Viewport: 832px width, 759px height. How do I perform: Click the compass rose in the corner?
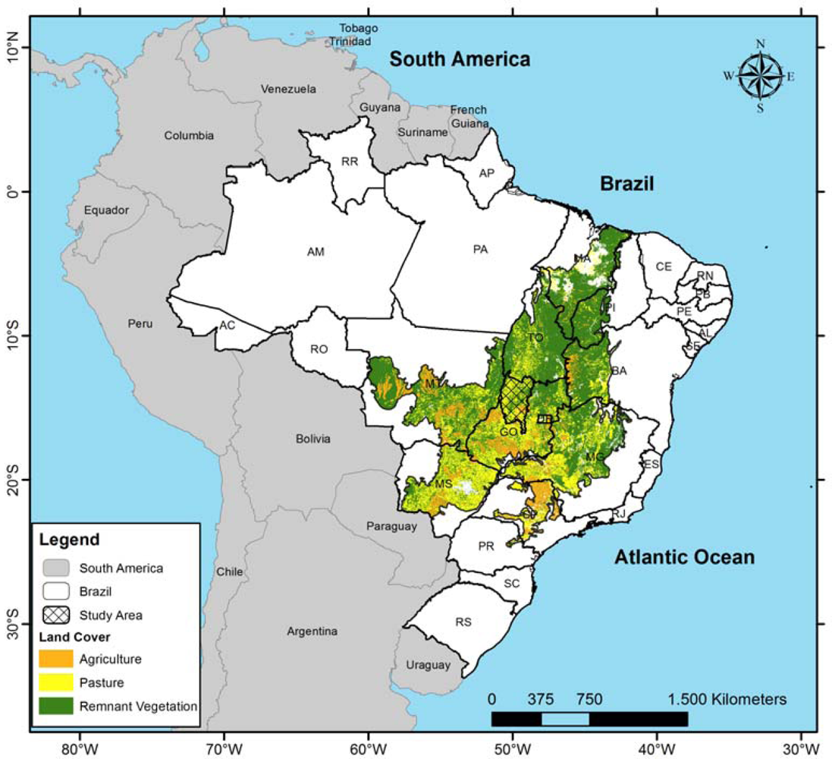click(760, 75)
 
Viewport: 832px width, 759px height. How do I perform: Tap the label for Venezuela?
click(288, 89)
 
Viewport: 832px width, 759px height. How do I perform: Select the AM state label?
click(316, 251)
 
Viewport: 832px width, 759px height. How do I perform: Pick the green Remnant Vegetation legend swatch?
click(56, 706)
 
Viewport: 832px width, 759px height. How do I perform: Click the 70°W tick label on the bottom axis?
click(224, 747)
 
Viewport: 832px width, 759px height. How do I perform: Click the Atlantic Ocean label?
click(684, 557)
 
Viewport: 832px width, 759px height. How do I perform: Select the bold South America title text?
click(460, 59)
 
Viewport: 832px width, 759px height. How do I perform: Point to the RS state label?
click(463, 622)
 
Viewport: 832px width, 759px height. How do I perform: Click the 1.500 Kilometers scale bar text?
click(727, 698)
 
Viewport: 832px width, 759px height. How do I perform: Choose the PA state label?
click(480, 248)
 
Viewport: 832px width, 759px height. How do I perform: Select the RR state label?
click(350, 161)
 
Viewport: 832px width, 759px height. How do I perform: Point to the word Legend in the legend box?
click(69, 540)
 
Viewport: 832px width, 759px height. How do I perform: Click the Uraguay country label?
click(428, 665)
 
